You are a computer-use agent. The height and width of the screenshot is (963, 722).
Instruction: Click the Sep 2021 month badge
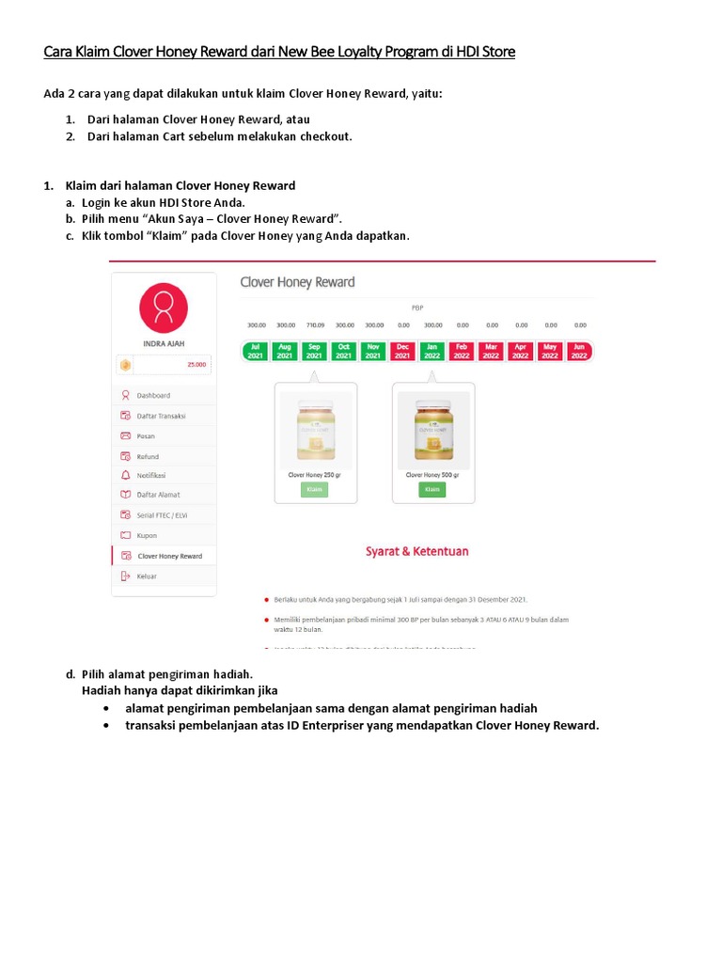click(x=314, y=352)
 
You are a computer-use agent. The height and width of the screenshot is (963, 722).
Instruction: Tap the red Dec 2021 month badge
click(x=402, y=352)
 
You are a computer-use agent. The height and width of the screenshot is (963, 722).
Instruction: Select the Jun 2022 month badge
click(x=579, y=352)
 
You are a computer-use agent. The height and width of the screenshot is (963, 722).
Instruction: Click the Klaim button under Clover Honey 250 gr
click(x=315, y=490)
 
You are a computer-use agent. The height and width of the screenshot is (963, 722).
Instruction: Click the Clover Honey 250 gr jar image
click(x=315, y=430)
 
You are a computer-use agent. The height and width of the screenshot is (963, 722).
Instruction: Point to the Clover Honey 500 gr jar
click(x=432, y=430)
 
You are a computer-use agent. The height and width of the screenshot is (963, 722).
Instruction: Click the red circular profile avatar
click(x=164, y=308)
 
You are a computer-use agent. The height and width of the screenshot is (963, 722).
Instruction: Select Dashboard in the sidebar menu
click(x=153, y=396)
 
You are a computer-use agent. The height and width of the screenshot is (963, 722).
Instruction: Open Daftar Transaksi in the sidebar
click(x=161, y=416)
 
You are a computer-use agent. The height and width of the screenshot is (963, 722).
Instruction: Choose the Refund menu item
click(x=148, y=456)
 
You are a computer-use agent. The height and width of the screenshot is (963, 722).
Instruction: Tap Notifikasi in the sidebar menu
click(x=151, y=475)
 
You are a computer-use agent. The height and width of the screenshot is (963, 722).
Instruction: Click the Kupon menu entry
click(x=147, y=535)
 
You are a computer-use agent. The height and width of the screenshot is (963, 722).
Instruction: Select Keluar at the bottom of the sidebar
click(x=147, y=576)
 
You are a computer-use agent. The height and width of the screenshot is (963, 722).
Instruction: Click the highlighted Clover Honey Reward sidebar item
click(x=169, y=556)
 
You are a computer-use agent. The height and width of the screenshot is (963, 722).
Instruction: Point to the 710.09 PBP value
click(x=314, y=325)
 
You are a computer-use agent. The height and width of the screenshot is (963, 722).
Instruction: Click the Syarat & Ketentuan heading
click(x=416, y=551)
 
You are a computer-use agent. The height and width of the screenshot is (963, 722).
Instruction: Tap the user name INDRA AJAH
click(x=164, y=344)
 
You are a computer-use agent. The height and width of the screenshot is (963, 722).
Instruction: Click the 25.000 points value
click(x=196, y=364)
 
